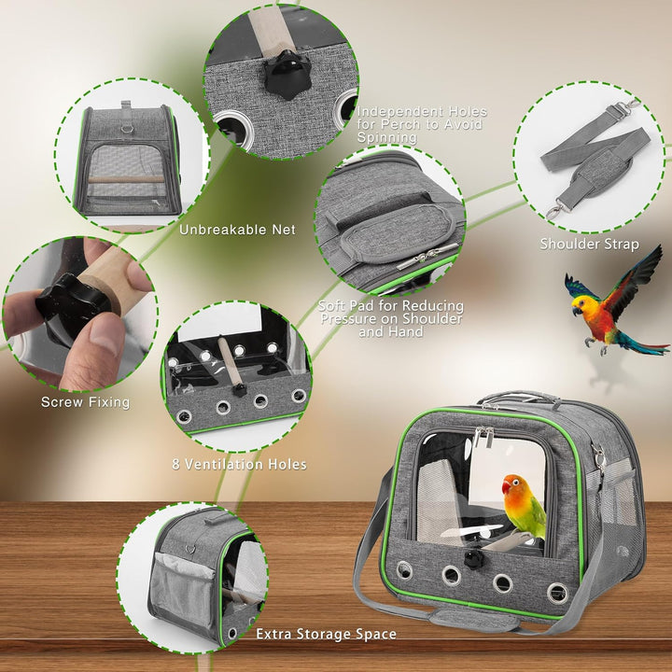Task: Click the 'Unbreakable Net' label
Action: pyautogui.click(x=237, y=230)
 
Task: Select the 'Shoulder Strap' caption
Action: pyautogui.click(x=589, y=245)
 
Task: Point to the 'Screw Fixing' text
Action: pyautogui.click(x=85, y=402)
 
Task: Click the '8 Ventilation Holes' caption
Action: pyautogui.click(x=239, y=464)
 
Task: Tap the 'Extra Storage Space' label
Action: pyautogui.click(x=326, y=634)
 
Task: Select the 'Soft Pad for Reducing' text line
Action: pyautogui.click(x=389, y=305)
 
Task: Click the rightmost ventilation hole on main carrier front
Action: pyautogui.click(x=557, y=592)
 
